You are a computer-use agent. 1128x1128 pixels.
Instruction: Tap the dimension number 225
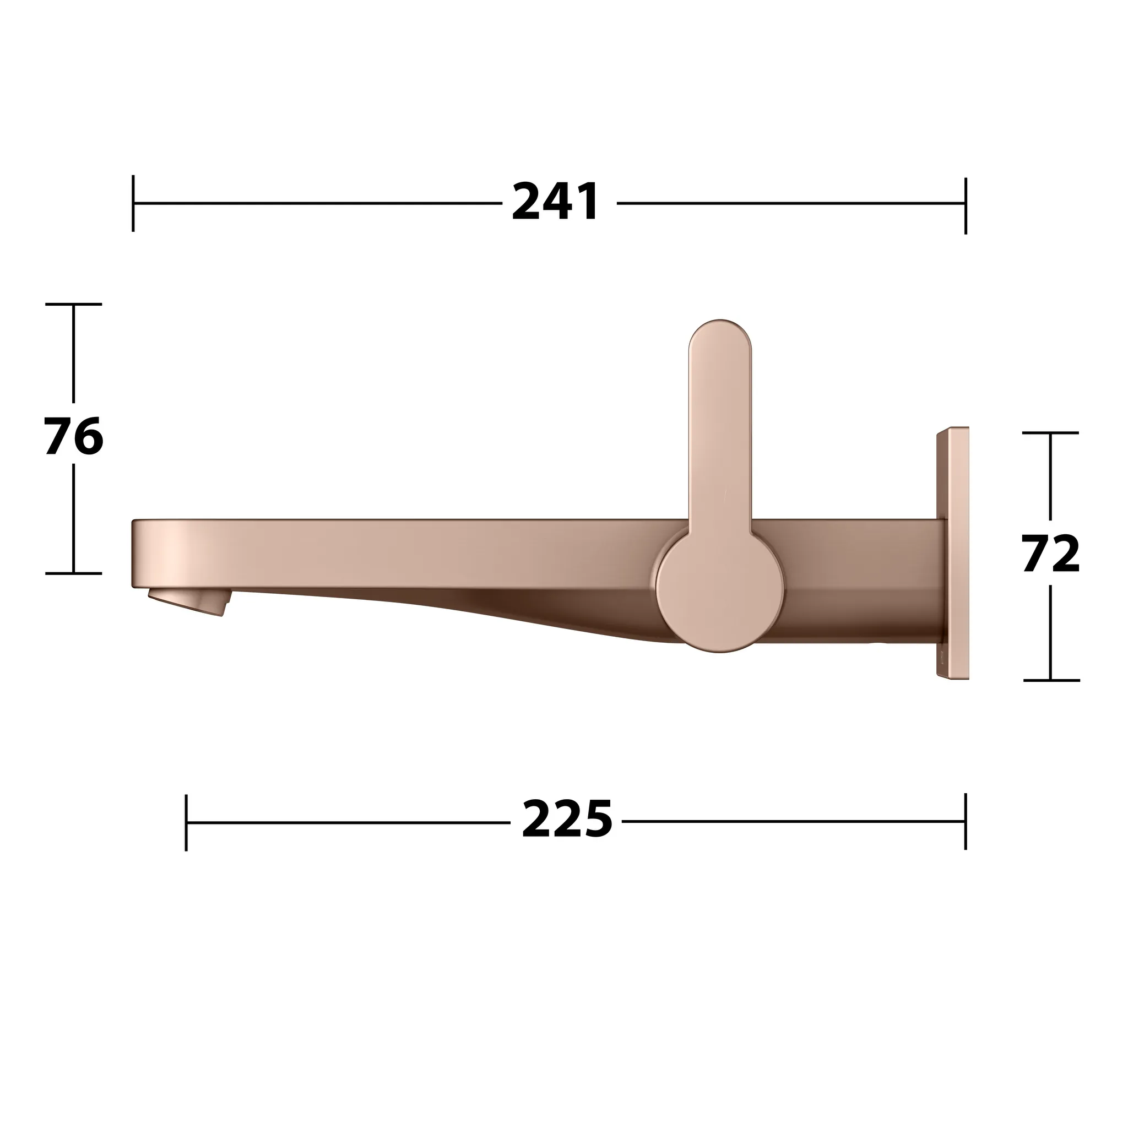pyautogui.click(x=566, y=820)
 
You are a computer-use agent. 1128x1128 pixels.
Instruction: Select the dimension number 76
pyautogui.click(x=74, y=437)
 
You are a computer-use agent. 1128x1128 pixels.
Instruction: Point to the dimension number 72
pyautogui.click(x=1050, y=555)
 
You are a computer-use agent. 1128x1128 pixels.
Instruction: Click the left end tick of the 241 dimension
pyautogui.click(x=133, y=203)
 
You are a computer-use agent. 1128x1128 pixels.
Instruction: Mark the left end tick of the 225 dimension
pyautogui.click(x=186, y=822)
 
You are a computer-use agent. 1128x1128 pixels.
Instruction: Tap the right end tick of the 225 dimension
pyautogui.click(x=966, y=820)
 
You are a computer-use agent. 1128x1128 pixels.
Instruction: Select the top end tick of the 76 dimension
pyautogui.click(x=74, y=304)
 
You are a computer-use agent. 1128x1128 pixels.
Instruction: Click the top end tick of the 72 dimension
pyautogui.click(x=1050, y=432)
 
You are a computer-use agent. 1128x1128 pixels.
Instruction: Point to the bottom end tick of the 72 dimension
pyautogui.click(x=1051, y=680)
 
